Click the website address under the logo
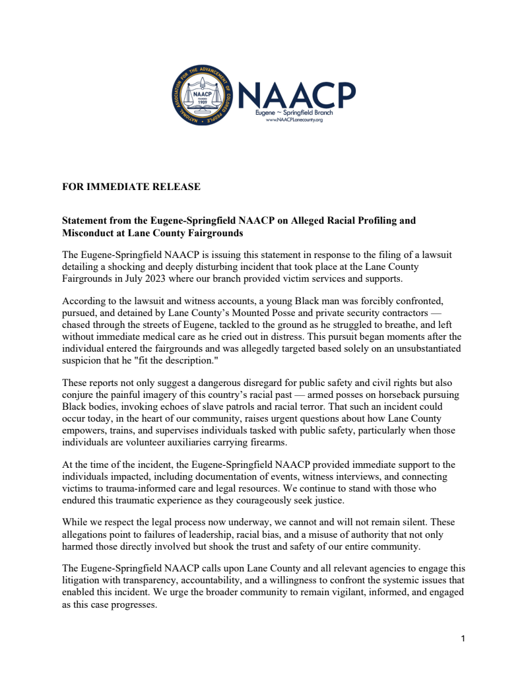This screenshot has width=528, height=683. click(x=294, y=120)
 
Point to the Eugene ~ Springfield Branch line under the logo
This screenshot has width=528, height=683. click(x=294, y=113)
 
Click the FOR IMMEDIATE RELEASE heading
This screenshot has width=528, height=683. click(x=131, y=187)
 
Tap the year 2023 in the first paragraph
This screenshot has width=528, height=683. click(x=154, y=279)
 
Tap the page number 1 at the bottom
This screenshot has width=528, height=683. click(x=463, y=639)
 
